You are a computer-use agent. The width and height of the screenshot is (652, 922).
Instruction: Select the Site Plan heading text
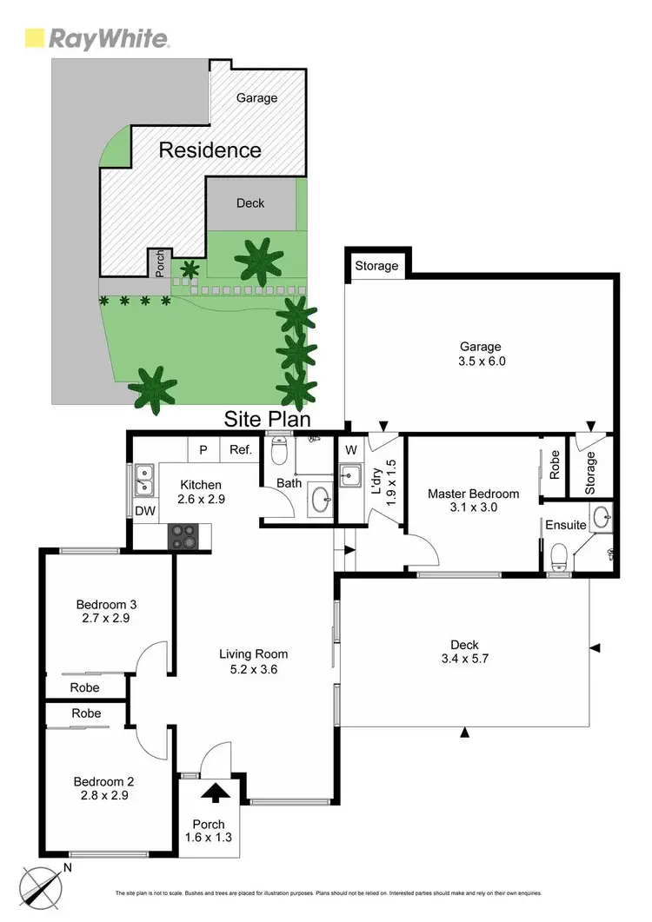(x=269, y=419)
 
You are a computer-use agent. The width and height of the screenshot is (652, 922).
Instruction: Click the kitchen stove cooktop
(x=183, y=536)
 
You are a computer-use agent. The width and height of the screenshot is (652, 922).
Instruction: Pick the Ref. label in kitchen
(x=241, y=449)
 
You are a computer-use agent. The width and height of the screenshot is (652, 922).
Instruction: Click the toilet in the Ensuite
(x=561, y=553)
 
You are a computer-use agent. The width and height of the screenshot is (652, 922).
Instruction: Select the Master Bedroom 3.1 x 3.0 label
(x=473, y=501)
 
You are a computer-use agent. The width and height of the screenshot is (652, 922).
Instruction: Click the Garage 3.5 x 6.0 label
(x=480, y=354)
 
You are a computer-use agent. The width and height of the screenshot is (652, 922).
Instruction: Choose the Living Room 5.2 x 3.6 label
(x=253, y=661)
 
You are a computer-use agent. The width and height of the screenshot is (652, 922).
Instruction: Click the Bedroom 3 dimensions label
(x=107, y=612)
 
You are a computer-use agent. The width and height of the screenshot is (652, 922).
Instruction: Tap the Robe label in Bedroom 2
(x=86, y=713)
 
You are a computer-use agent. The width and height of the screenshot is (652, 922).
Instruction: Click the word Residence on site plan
(x=210, y=150)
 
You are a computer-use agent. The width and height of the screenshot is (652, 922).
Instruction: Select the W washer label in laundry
(x=350, y=450)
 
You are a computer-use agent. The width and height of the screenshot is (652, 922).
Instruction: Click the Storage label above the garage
(x=376, y=266)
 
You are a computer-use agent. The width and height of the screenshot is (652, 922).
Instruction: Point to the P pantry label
(x=203, y=449)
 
